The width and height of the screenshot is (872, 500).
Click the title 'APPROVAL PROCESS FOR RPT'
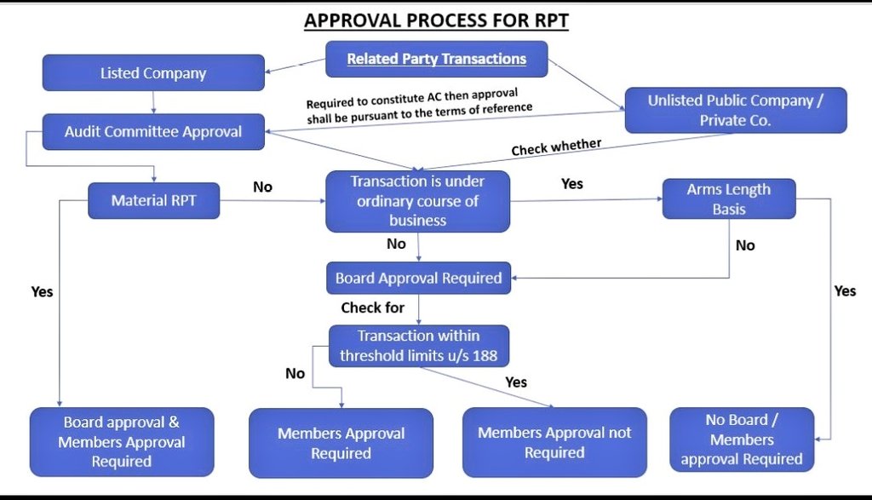436,20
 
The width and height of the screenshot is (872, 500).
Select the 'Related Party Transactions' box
437,60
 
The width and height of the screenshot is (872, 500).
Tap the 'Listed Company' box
153,73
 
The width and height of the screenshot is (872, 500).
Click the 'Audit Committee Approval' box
153,132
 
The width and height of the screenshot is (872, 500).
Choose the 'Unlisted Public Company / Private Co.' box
736,110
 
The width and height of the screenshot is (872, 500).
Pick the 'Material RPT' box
153,201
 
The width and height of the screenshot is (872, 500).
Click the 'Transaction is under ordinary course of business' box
417,201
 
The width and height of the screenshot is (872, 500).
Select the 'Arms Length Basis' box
728,199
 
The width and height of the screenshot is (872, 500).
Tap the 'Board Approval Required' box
418,278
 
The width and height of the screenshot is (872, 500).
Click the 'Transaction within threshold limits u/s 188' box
418,346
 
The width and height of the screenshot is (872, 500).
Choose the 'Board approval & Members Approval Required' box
122,442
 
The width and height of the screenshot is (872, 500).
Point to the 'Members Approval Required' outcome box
341,443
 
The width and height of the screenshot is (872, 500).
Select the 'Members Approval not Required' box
554,442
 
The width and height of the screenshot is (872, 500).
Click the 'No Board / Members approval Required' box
741,440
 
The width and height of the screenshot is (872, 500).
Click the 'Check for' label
373,307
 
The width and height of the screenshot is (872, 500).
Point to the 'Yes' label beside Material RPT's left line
42,291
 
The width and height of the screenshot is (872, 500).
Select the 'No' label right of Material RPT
262,187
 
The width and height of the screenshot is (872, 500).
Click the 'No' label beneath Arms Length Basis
745,245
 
